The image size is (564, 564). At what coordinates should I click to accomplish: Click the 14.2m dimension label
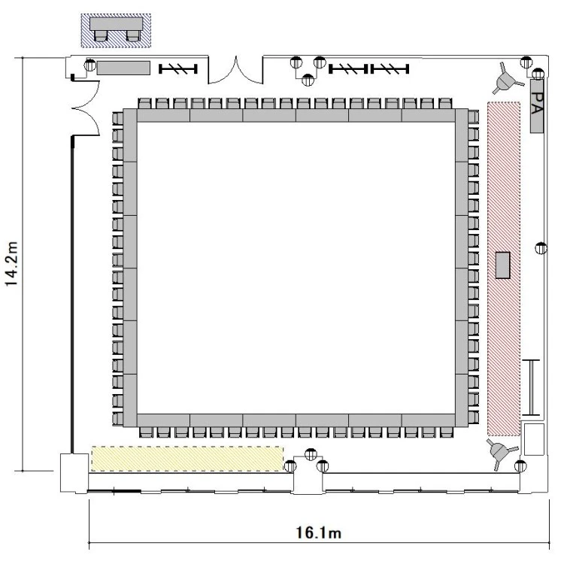point(11,264)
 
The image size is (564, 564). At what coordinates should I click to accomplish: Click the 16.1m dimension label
point(318,532)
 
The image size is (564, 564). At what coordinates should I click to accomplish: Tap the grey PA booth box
point(537,107)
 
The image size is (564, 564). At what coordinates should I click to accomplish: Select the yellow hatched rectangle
point(187,459)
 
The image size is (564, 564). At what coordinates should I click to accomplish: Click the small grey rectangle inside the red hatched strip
point(502,265)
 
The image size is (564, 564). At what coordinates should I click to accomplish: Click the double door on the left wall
point(86,108)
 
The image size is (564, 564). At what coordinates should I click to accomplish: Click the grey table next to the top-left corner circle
point(123,68)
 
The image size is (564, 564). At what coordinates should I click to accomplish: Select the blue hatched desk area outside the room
point(116,31)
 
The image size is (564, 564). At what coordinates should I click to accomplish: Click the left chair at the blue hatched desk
point(100,35)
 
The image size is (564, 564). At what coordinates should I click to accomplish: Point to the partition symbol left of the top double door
point(178,68)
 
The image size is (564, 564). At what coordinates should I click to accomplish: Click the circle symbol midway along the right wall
point(541,248)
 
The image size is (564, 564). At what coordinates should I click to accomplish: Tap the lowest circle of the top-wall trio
point(308,80)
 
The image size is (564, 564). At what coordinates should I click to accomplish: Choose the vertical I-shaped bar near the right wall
point(531,387)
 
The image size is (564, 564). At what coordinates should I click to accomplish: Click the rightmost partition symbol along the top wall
point(390,68)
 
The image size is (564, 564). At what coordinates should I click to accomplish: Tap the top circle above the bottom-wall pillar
point(311,454)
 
